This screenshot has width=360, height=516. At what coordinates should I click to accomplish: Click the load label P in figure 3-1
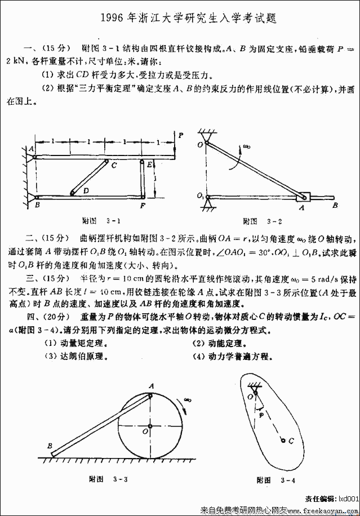(180, 135)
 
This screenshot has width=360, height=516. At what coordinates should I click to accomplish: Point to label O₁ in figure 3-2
(201, 196)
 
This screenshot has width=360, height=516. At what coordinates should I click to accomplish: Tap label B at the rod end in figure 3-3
(50, 446)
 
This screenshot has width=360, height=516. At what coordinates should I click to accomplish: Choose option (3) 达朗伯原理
(75, 356)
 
